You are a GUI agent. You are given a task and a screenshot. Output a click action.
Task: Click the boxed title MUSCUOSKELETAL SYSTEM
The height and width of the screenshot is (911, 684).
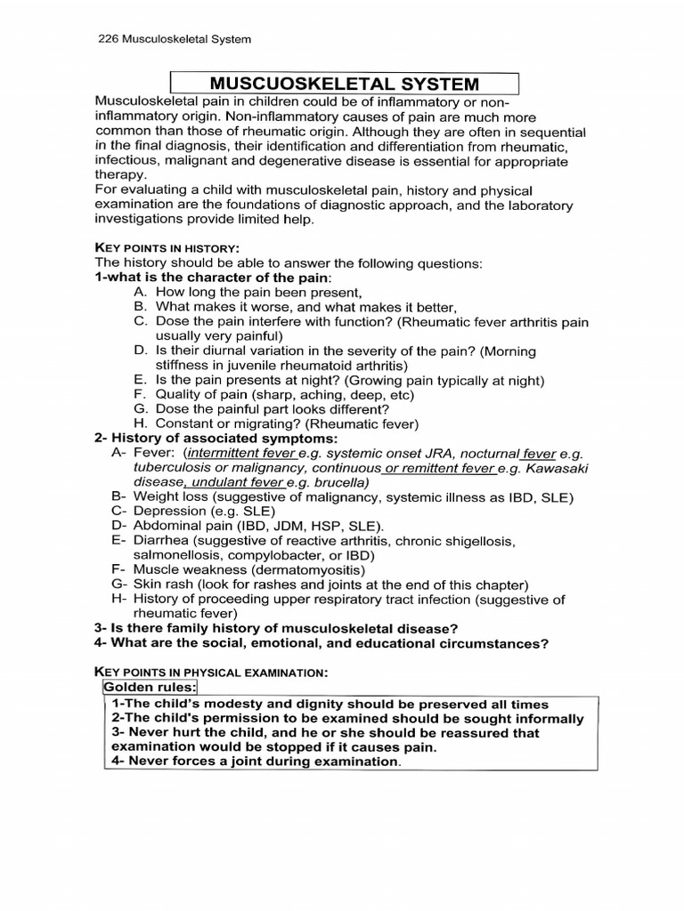[x=345, y=84]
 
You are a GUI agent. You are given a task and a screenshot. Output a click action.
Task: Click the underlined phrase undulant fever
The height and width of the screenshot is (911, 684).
[x=236, y=482]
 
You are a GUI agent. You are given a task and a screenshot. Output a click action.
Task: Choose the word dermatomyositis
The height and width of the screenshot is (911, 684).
[x=306, y=569]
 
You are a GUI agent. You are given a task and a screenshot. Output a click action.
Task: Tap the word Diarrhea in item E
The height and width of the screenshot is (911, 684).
[x=160, y=540]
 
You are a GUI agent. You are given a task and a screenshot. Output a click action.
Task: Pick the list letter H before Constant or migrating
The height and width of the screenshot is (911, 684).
[x=140, y=424]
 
